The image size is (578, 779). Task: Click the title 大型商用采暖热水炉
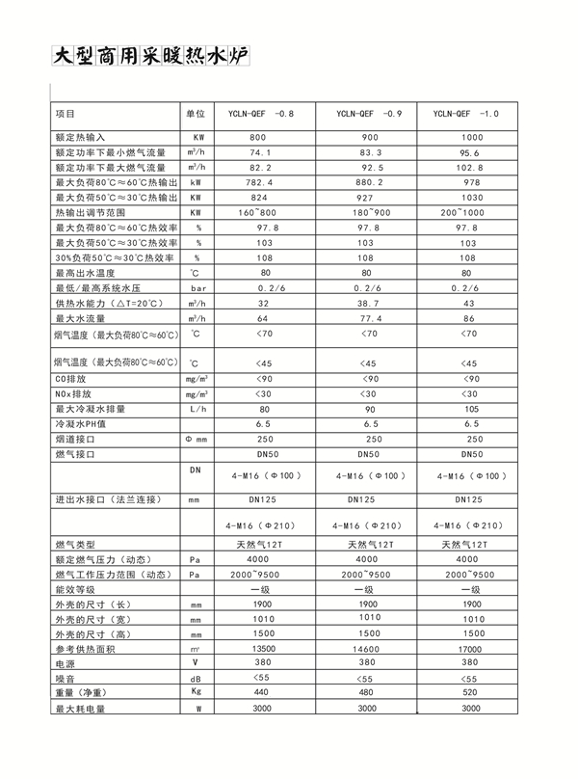(150, 56)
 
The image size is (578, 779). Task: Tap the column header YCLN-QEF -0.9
(370, 114)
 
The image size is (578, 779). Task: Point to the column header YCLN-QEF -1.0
(466, 114)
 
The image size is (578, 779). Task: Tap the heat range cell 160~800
(257, 212)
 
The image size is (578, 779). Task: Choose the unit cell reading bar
(198, 288)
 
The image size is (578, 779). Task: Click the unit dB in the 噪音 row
(197, 679)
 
